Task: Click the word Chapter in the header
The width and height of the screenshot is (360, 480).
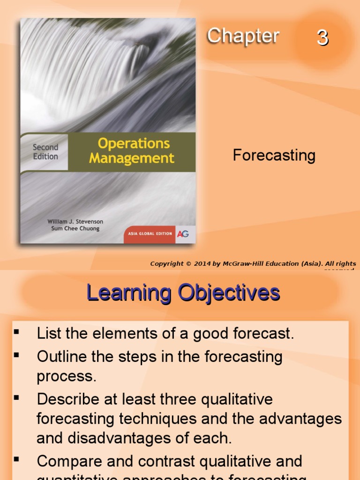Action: [x=243, y=36]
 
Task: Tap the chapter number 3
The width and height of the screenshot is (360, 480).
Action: [x=322, y=37]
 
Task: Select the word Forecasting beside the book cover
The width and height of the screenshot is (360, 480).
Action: [x=274, y=155]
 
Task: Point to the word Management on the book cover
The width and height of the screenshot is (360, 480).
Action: [x=132, y=158]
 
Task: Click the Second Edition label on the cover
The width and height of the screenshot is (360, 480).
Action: [x=45, y=152]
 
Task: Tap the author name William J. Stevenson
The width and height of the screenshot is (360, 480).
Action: [x=75, y=221]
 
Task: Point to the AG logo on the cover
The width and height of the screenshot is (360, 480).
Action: [x=183, y=234]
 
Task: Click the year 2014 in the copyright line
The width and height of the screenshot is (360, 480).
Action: [x=202, y=264]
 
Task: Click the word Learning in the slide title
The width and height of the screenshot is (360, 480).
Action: [x=129, y=293]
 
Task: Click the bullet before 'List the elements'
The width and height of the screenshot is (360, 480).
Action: [x=17, y=333]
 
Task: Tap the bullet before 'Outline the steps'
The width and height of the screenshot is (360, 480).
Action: [x=17, y=355]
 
